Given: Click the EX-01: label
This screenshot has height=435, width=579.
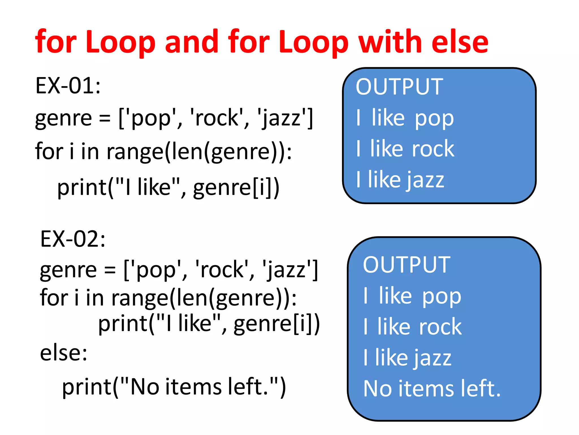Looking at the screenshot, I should (x=68, y=86).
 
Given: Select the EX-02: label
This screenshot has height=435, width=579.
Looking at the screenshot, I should (x=73, y=239).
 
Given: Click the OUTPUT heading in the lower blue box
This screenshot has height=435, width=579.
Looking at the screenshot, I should (x=407, y=265).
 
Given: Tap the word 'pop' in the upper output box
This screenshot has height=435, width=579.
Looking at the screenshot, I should (x=434, y=119).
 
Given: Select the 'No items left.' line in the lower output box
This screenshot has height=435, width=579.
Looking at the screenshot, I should (x=432, y=389).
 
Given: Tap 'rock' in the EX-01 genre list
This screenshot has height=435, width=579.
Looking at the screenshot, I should (x=217, y=118).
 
